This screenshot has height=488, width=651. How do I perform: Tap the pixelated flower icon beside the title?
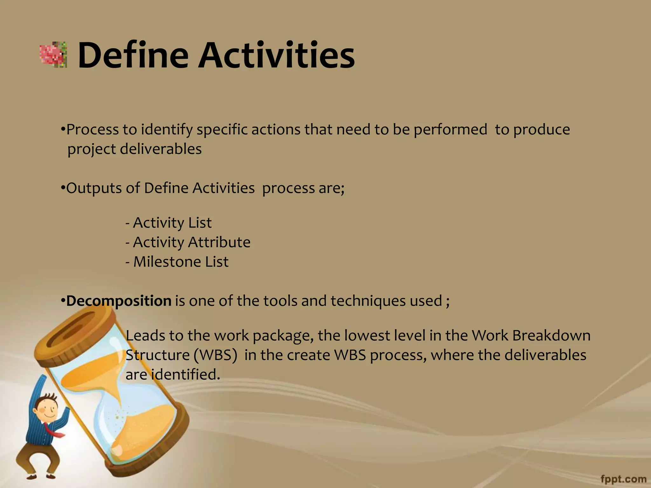[x=53, y=55]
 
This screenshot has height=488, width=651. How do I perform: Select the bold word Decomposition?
[x=119, y=301]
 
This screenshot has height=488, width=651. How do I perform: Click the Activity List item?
[x=168, y=223]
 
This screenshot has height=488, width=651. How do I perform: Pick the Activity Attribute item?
[x=188, y=242]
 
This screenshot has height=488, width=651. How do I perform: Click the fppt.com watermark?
[x=623, y=479]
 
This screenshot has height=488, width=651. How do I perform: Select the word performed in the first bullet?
[x=450, y=130]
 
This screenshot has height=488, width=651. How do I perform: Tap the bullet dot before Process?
[x=63, y=129]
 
